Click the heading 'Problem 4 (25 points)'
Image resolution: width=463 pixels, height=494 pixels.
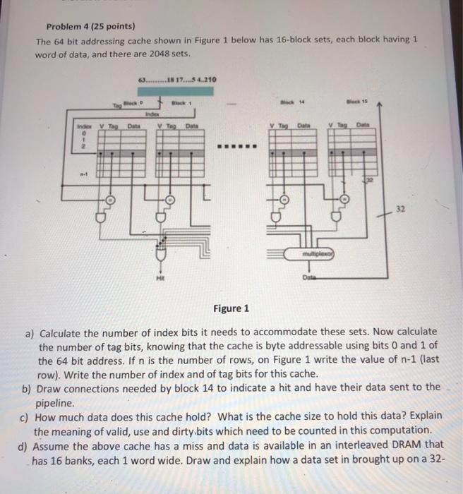tap(85, 27)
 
